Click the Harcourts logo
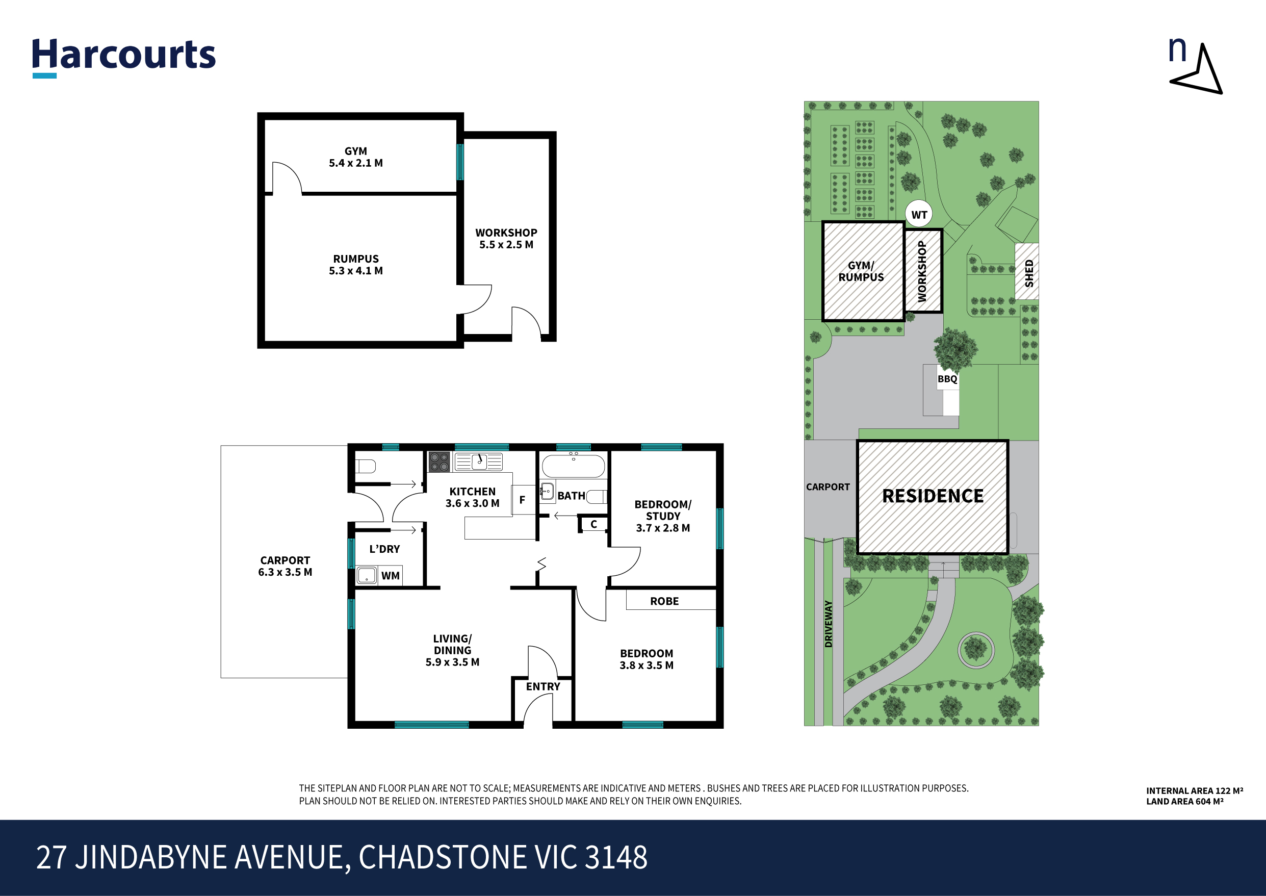click(123, 55)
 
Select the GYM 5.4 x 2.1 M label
click(356, 157)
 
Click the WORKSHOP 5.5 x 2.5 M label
click(506, 238)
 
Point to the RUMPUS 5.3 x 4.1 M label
click(356, 265)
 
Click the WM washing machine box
click(391, 575)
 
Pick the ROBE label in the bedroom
click(664, 601)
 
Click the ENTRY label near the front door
click(543, 686)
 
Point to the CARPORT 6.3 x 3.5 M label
click(285, 566)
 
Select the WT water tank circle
click(919, 215)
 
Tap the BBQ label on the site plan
click(947, 379)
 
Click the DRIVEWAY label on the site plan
click(828, 624)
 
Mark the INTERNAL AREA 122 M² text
click(1194, 790)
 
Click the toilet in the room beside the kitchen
click(365, 467)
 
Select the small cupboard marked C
click(593, 524)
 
